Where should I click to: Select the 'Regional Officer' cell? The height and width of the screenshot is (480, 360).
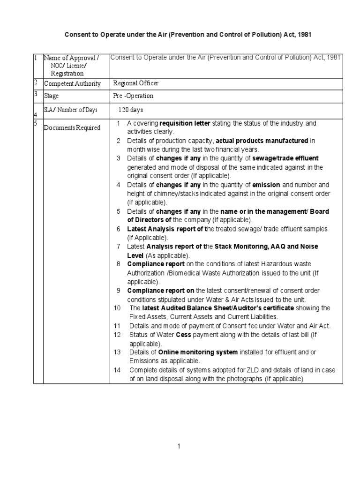point(136,83)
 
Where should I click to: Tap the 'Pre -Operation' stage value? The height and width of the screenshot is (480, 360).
point(133,96)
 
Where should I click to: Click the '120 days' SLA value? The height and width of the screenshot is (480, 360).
point(130,110)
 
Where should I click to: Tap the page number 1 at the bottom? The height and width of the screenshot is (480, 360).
point(179,446)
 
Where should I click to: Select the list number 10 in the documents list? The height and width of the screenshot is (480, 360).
point(118,308)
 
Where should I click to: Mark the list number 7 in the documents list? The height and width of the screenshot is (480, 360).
point(119,246)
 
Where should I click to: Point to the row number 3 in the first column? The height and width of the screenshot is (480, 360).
point(36,94)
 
